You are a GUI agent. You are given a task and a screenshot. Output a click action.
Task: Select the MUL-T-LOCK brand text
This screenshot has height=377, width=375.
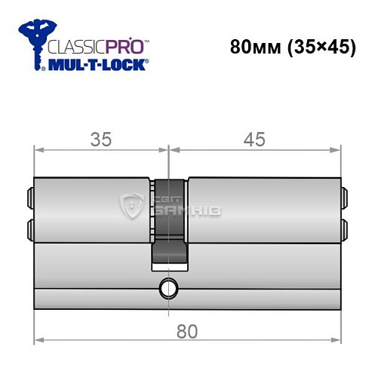coord(98,66)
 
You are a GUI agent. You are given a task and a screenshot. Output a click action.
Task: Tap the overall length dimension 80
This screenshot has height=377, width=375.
coord(186,330)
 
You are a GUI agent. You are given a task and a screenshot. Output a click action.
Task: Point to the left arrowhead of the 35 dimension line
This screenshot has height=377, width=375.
coord(38,150)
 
